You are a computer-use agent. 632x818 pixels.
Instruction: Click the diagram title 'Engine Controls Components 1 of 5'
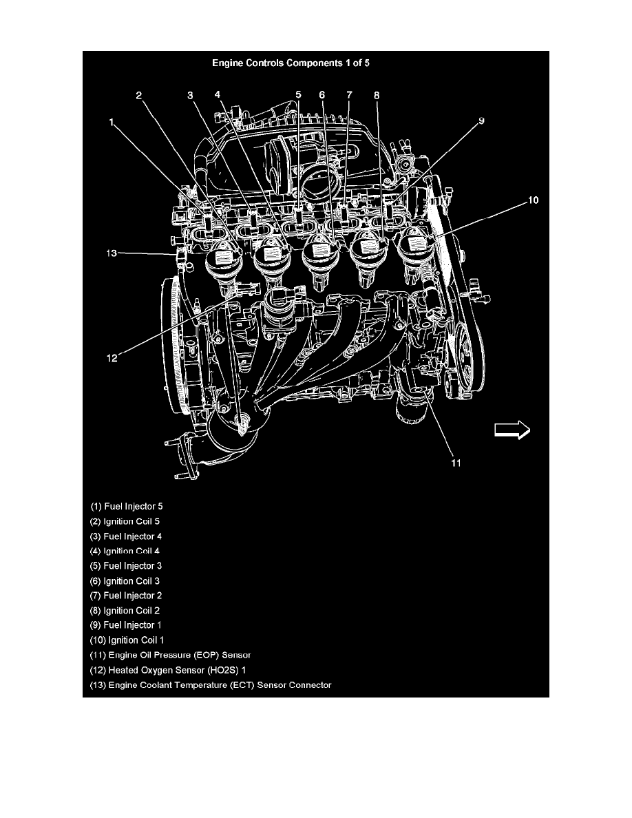click(x=291, y=63)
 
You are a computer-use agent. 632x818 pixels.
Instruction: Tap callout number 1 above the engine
click(x=111, y=122)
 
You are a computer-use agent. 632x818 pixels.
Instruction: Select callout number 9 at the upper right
click(x=481, y=120)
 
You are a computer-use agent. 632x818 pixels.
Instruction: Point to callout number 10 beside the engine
click(x=533, y=200)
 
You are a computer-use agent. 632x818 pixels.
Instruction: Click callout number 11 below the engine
click(x=456, y=463)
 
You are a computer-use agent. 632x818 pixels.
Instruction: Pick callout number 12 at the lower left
click(x=112, y=359)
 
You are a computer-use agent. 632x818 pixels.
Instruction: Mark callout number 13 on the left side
click(x=112, y=253)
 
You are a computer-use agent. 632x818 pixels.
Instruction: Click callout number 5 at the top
click(x=298, y=94)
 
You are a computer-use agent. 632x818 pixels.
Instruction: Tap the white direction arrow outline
click(x=512, y=430)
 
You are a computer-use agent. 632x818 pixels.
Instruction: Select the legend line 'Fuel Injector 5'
click(x=127, y=506)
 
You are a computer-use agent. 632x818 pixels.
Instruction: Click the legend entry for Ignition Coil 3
click(x=125, y=580)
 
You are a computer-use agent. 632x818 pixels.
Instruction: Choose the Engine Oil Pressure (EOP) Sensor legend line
click(x=171, y=655)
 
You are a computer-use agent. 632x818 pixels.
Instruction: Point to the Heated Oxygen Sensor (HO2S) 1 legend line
click(x=168, y=670)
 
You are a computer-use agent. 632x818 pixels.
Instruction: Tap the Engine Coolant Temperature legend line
click(x=211, y=685)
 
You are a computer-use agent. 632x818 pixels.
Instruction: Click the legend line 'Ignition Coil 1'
click(x=127, y=640)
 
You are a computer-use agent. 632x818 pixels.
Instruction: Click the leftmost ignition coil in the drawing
click(x=224, y=264)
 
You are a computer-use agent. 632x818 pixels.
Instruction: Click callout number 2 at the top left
click(x=138, y=95)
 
